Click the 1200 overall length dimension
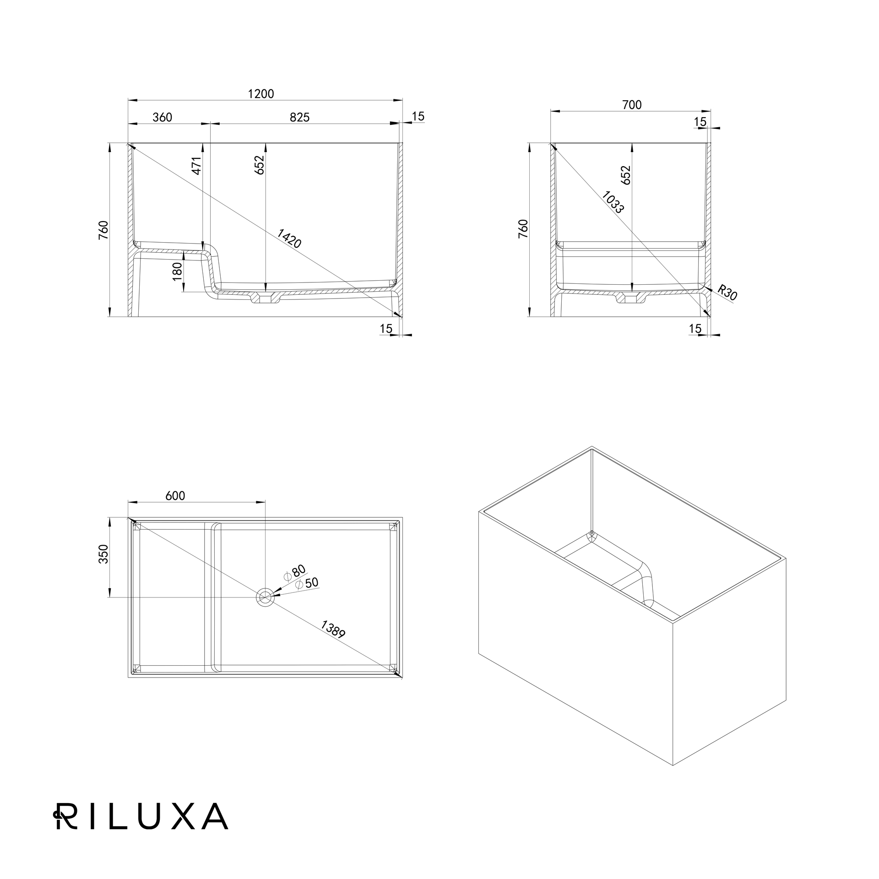point(261,94)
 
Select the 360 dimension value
point(163,118)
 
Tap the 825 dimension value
point(300,118)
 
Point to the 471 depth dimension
point(196,166)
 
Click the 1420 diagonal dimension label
point(289,239)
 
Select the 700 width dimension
point(632,105)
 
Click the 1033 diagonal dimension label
point(613,202)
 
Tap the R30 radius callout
point(727,293)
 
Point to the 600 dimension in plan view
point(175,496)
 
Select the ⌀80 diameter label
point(294,572)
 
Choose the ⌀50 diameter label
point(307,584)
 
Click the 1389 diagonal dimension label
point(333,629)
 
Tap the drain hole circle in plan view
point(265,597)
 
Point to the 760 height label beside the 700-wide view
point(523,229)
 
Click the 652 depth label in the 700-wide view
point(626,175)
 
